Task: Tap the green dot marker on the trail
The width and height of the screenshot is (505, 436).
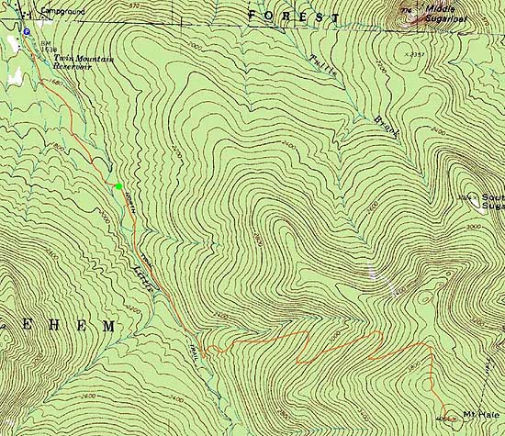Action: (x=118, y=186)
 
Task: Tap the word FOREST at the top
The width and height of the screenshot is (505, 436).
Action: (x=294, y=16)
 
